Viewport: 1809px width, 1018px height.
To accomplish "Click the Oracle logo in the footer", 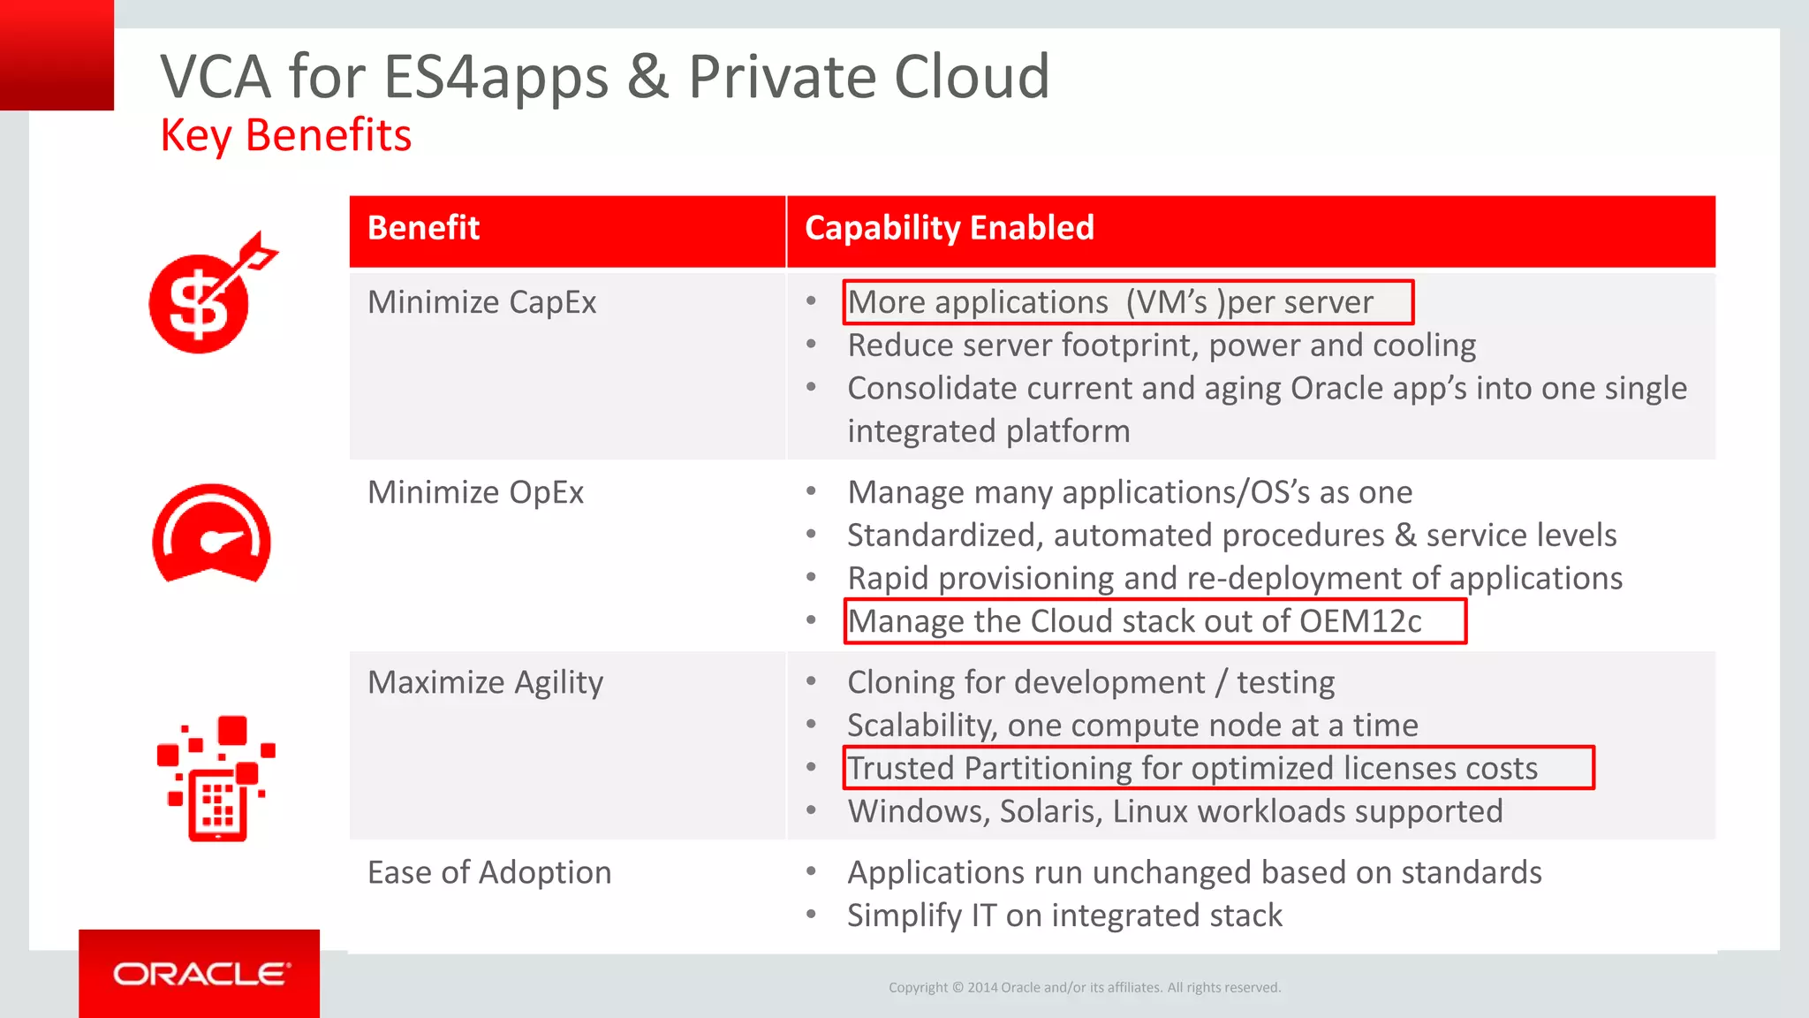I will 201,974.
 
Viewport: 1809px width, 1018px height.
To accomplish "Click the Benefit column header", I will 423,228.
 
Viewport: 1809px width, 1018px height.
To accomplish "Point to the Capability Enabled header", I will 949,228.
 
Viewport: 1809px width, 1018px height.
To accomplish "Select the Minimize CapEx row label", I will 481,302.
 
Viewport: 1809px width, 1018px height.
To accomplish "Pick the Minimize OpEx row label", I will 475,492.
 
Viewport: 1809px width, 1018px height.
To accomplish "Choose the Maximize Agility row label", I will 485,682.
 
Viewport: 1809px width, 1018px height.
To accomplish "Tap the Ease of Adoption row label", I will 489,873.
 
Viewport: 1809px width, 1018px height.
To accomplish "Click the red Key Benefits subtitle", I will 285,136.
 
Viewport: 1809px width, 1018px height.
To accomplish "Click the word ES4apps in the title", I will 496,77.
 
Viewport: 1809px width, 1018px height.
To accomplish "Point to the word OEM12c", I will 1360,621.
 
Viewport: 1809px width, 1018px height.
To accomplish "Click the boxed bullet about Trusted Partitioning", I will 1192,768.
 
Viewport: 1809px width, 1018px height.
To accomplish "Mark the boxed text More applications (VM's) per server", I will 1110,302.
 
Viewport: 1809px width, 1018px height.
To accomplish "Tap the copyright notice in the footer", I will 1084,987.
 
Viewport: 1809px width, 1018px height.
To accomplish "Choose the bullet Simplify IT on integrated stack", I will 1064,915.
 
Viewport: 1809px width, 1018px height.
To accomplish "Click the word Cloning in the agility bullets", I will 901,682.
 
